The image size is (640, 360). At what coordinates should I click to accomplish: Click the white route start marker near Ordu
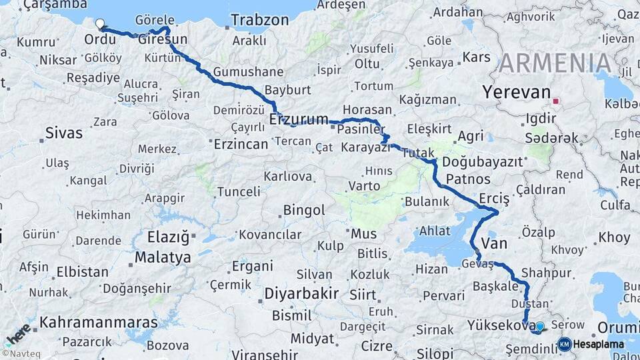coord(100,24)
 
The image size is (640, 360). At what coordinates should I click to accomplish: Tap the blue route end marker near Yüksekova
coord(539,327)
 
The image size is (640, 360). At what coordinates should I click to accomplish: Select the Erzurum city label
coord(299,120)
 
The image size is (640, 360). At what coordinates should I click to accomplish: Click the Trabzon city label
coord(261,20)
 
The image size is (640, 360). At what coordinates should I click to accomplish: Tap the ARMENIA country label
coord(555,63)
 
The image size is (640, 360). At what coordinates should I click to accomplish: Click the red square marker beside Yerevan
coord(556,103)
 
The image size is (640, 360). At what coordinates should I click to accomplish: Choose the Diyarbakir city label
coord(301,294)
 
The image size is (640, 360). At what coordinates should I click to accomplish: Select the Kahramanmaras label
coord(99,323)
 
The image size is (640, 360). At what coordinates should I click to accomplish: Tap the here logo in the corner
coord(16,333)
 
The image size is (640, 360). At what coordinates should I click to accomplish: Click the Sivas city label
coord(64,133)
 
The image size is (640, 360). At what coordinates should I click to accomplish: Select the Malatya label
coord(163,257)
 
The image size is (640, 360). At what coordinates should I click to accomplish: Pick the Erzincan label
coord(241,143)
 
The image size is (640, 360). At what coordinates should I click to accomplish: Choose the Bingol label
coord(303,211)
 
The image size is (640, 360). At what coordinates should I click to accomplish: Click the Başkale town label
coord(495,285)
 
